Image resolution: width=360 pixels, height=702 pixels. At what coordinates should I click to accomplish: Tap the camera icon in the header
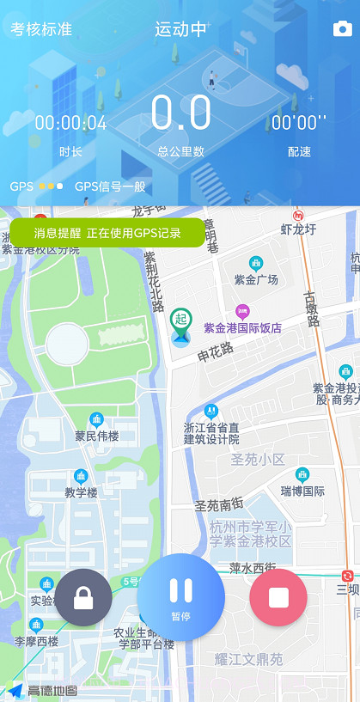click(x=342, y=29)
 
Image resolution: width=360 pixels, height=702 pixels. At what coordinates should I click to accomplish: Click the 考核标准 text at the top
click(x=41, y=29)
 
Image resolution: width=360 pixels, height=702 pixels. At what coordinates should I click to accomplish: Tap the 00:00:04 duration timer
click(x=70, y=123)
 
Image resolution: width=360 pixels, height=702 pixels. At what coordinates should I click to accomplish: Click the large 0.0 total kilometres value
click(x=180, y=113)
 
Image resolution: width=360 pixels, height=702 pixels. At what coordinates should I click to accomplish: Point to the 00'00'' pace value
click(x=299, y=123)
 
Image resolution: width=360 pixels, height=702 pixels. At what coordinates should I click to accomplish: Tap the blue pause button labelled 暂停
click(x=180, y=596)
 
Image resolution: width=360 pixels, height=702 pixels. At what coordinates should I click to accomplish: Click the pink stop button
click(x=278, y=596)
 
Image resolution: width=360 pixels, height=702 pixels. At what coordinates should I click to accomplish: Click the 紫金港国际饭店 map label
click(x=242, y=327)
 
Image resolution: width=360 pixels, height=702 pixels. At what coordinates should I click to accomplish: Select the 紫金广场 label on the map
click(x=256, y=279)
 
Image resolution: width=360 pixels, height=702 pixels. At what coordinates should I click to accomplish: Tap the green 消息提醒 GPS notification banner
click(x=107, y=233)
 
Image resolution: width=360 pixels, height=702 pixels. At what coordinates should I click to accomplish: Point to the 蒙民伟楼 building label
click(x=96, y=436)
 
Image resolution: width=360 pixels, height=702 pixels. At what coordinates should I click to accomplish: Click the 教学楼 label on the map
click(x=81, y=492)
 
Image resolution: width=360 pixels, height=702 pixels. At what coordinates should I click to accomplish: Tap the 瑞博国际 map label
click(x=302, y=491)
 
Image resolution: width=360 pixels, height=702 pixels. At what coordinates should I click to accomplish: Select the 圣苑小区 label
click(x=257, y=460)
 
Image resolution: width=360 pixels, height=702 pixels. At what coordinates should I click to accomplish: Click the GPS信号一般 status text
click(x=110, y=186)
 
